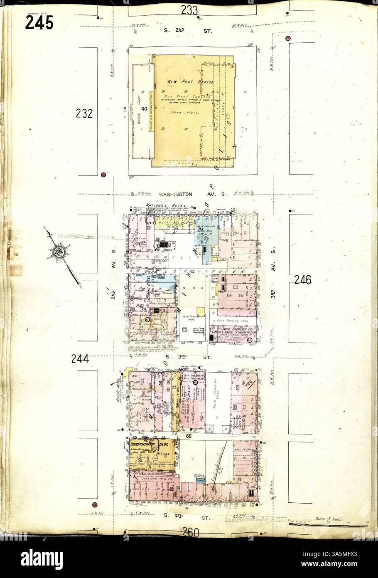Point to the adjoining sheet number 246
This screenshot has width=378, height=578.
pyautogui.click(x=302, y=280)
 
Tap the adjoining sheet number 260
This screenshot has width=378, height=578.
pyautogui.click(x=191, y=532)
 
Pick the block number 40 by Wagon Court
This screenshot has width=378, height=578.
pyautogui.click(x=144, y=109)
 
